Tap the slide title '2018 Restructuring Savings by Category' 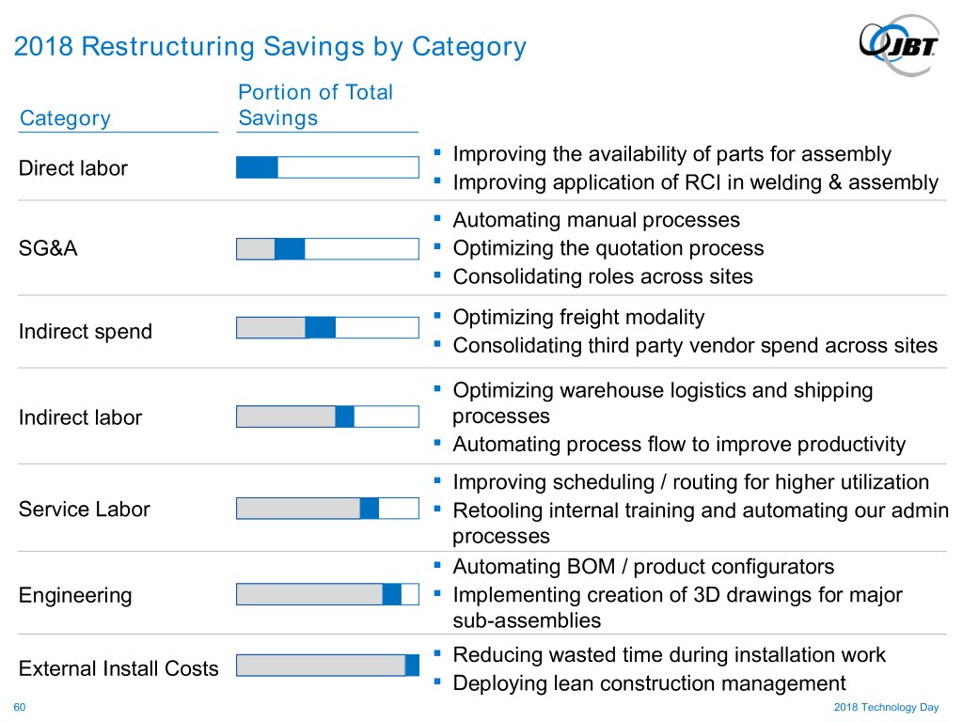[x=270, y=46]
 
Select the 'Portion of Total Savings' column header [x=316, y=104]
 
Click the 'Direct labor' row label [x=73, y=168]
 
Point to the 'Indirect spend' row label [x=86, y=331]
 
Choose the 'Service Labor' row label [x=85, y=510]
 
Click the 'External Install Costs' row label [x=118, y=668]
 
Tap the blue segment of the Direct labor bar [x=257, y=167]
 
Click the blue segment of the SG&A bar [x=290, y=249]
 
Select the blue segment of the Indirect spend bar [x=321, y=327]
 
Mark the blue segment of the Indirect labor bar [x=345, y=416]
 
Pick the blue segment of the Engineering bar [x=392, y=594]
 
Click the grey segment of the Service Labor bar [x=298, y=509]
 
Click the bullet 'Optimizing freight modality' [x=578, y=318]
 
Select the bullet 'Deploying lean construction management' [x=649, y=683]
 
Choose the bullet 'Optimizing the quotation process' [x=608, y=248]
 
